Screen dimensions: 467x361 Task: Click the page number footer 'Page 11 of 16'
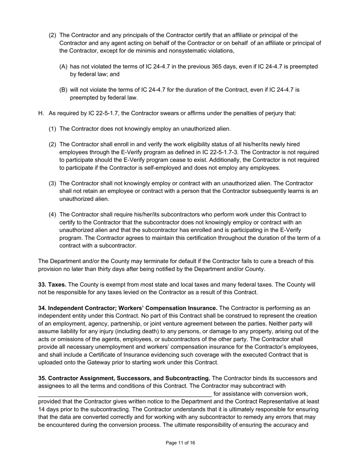tap(180, 443)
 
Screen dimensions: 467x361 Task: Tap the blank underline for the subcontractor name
tap(125, 394)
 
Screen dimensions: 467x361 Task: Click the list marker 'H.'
tap(41, 113)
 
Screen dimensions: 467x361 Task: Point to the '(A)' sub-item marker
tap(63, 66)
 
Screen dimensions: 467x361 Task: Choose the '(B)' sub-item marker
tap(63, 90)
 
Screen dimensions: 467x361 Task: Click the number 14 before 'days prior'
tap(42, 409)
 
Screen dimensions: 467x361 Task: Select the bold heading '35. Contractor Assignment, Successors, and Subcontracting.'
tap(124, 378)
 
